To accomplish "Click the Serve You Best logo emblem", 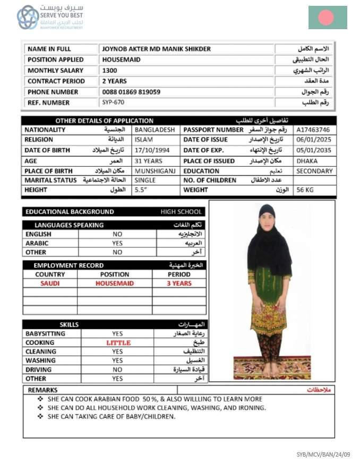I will click(28, 18).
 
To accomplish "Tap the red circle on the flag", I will click(326, 18).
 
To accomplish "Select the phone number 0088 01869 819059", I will click(131, 92).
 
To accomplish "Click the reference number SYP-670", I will click(113, 102).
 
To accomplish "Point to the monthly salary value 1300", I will click(110, 70).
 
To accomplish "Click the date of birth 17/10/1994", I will click(152, 150).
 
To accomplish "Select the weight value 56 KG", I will click(305, 190).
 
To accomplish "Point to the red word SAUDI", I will click(50, 284).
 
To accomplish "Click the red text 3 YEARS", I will click(179, 284).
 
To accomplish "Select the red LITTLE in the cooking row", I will click(118, 343).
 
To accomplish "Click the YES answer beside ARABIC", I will click(117, 243).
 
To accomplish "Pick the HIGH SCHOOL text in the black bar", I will click(181, 212).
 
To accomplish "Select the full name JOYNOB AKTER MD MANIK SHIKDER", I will click(156, 49).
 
